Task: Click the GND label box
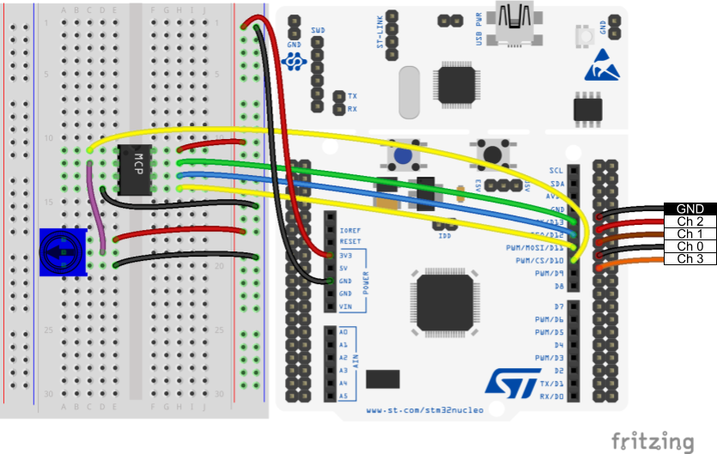click(x=690, y=209)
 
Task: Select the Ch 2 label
click(x=690, y=221)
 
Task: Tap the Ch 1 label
click(x=690, y=233)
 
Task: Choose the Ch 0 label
click(x=690, y=246)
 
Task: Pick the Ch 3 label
click(x=690, y=258)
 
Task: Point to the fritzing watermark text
click(x=652, y=441)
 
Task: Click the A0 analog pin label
click(x=344, y=331)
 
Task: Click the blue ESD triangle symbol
click(x=600, y=68)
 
